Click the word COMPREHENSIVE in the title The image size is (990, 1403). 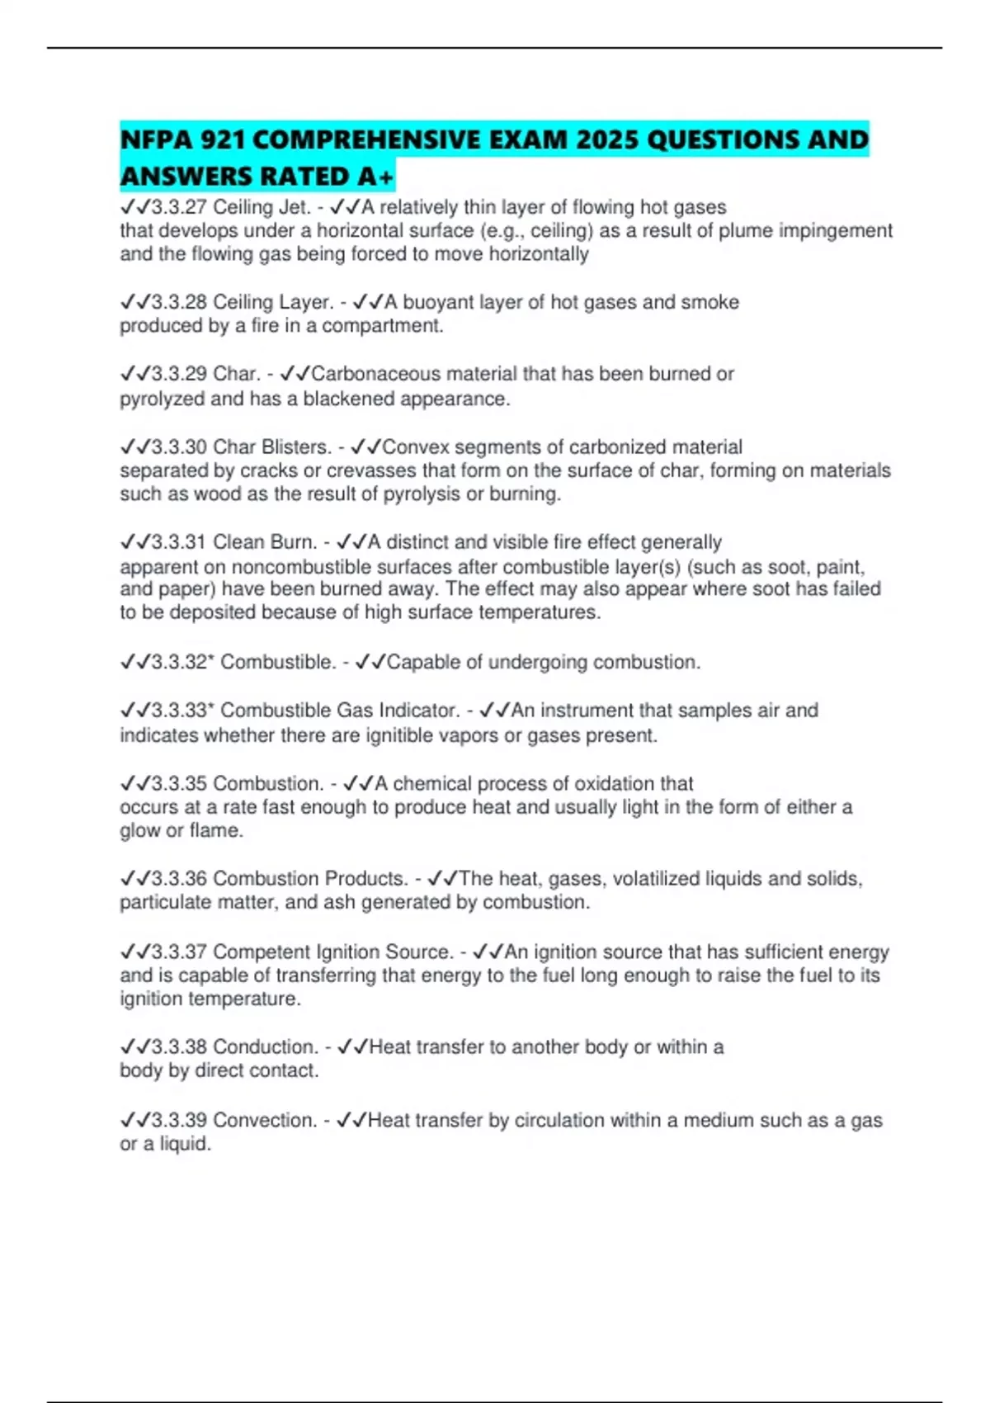[367, 139]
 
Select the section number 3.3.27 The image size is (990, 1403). [179, 207]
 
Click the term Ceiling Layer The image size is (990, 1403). [274, 303]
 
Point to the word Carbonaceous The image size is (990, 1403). [376, 374]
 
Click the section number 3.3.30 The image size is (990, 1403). [179, 447]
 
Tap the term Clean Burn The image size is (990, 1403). [265, 542]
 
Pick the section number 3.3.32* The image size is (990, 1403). [182, 663]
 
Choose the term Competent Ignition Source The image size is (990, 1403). [333, 952]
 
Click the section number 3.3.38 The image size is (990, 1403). [179, 1047]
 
